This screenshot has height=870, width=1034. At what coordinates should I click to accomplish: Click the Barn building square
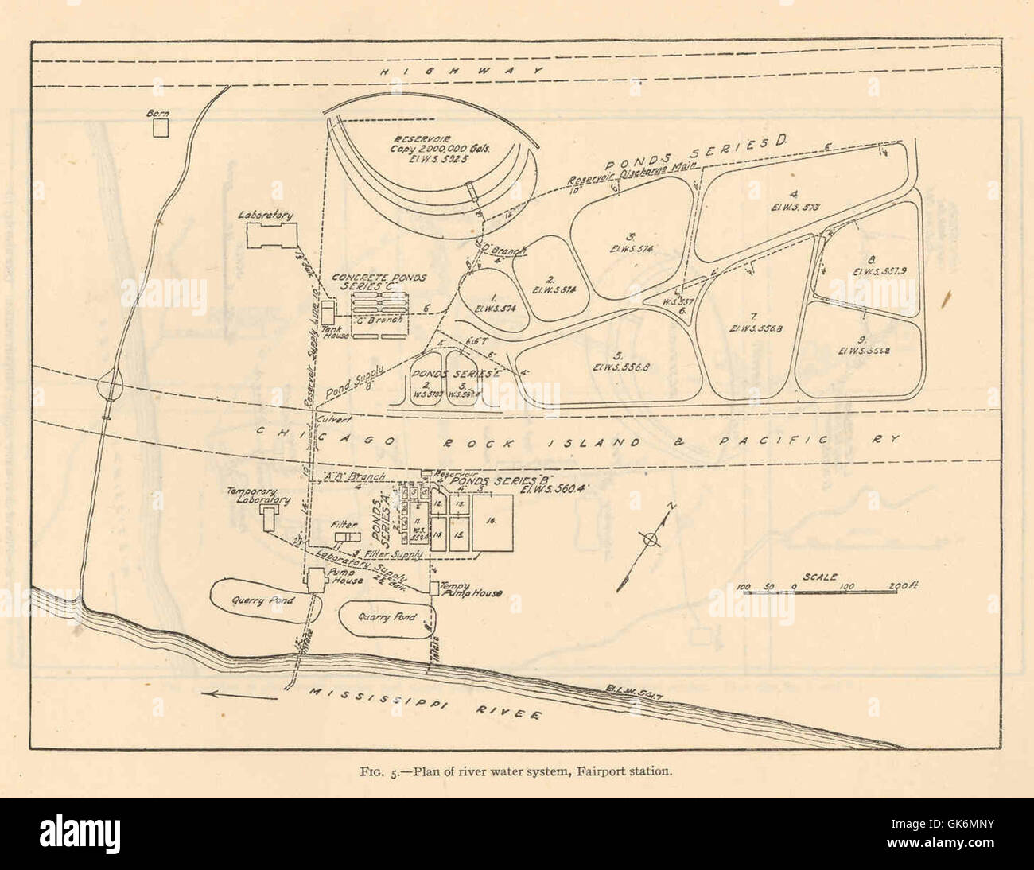tap(162, 127)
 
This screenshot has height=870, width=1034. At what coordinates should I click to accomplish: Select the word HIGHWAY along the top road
tap(461, 72)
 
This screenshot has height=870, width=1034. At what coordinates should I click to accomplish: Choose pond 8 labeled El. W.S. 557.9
tap(872, 265)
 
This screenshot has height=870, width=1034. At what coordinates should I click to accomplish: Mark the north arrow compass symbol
tap(651, 539)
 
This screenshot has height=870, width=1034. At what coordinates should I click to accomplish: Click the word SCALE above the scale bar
tap(819, 577)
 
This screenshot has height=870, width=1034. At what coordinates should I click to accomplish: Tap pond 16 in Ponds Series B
tap(492, 519)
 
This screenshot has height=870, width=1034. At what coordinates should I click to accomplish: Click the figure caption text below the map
tap(517, 771)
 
